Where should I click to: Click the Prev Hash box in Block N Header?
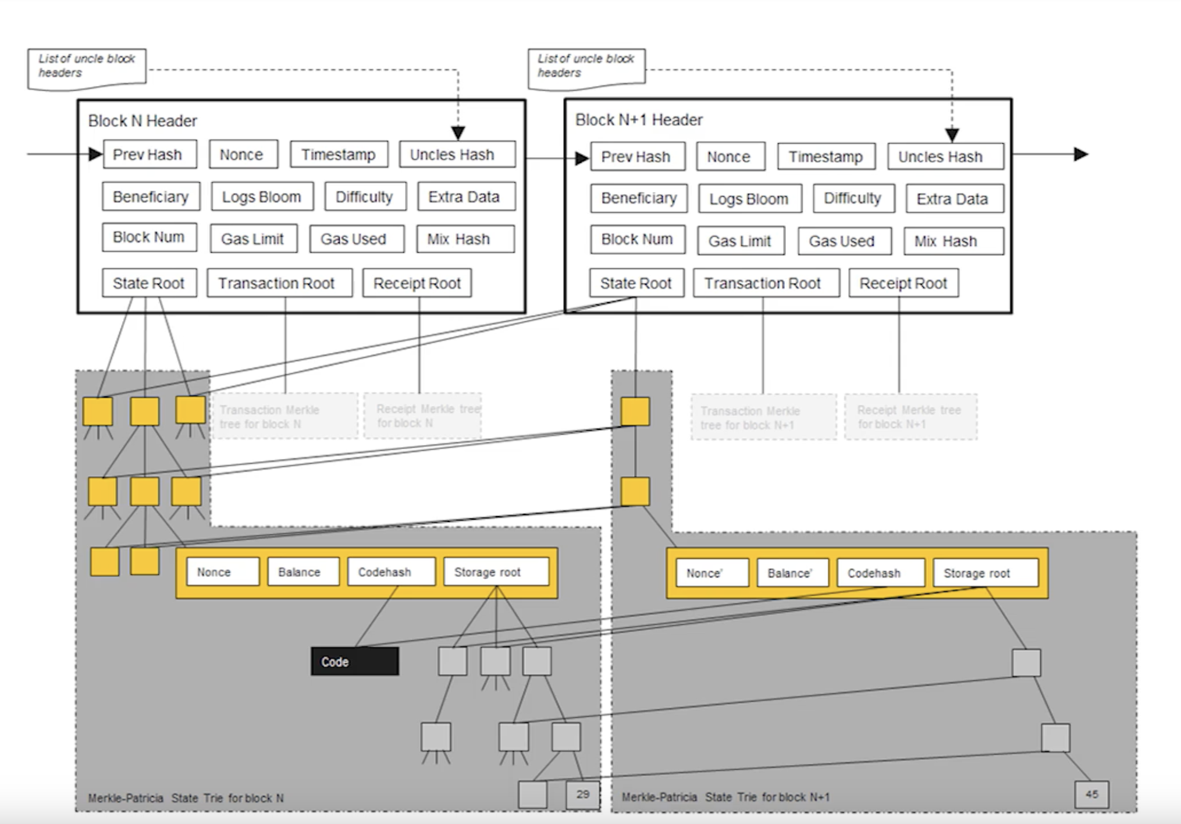coord(150,154)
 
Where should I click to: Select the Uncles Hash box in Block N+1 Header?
coord(945,157)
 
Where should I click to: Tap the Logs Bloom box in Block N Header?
coord(262,197)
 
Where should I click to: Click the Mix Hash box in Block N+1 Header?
coord(953,241)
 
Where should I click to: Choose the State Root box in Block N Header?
coord(149,283)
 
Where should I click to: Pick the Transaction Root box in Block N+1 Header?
coord(766,283)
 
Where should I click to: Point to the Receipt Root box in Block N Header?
coord(417,283)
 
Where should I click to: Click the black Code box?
coord(354,662)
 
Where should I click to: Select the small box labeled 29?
coord(582,795)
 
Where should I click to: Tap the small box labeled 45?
coord(1091,795)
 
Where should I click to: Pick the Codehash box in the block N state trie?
coord(391,572)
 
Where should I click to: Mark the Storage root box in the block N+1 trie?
coord(985,573)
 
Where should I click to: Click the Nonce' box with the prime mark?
coord(712,573)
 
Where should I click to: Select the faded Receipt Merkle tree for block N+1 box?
coord(910,417)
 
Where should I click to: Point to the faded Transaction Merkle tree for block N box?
coord(285,417)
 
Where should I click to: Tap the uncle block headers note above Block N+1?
coord(586,68)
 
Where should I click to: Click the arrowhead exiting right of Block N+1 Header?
coord(1080,154)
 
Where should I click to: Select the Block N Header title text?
coord(143,120)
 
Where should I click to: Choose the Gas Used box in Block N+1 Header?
coord(844,241)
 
